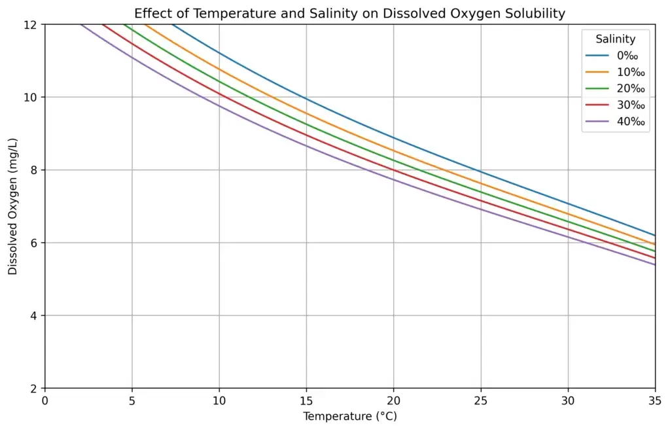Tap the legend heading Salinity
pyautogui.click(x=615, y=39)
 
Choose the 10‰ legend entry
pyautogui.click(x=629, y=72)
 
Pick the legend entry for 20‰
pyautogui.click(x=629, y=88)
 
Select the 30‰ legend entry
pyautogui.click(x=629, y=105)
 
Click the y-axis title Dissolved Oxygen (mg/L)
pyautogui.click(x=13, y=206)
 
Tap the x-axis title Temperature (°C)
pyautogui.click(x=349, y=416)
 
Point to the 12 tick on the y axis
pyautogui.click(x=31, y=24)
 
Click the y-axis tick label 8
pyautogui.click(x=35, y=170)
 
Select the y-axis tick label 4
pyautogui.click(x=35, y=315)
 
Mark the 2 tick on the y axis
pyautogui.click(x=35, y=388)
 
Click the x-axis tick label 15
pyautogui.click(x=306, y=399)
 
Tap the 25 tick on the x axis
pyautogui.click(x=481, y=399)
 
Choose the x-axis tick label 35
pyautogui.click(x=654, y=399)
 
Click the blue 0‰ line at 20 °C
pyautogui.click(x=393, y=137)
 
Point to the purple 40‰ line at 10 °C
pyautogui.click(x=219, y=106)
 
